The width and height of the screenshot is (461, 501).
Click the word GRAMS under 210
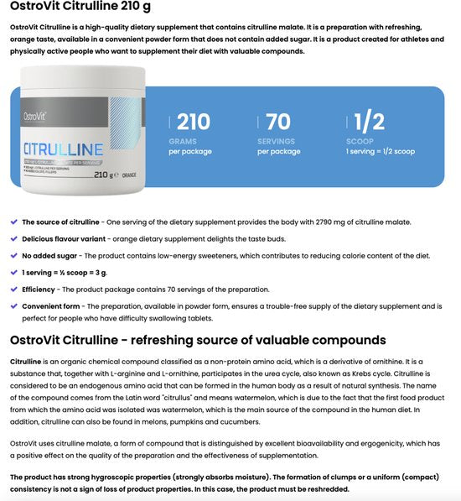coord(182,141)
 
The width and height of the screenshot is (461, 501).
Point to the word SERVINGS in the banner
coord(277,141)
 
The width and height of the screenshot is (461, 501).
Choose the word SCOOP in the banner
coord(360,141)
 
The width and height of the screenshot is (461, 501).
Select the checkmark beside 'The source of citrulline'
coord(13,222)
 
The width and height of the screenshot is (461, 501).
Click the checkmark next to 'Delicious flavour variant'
coord(13,239)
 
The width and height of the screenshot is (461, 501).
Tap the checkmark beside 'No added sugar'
coord(13,256)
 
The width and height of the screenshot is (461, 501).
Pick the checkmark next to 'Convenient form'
coord(13,306)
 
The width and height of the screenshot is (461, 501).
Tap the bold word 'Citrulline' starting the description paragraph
coord(26,360)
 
